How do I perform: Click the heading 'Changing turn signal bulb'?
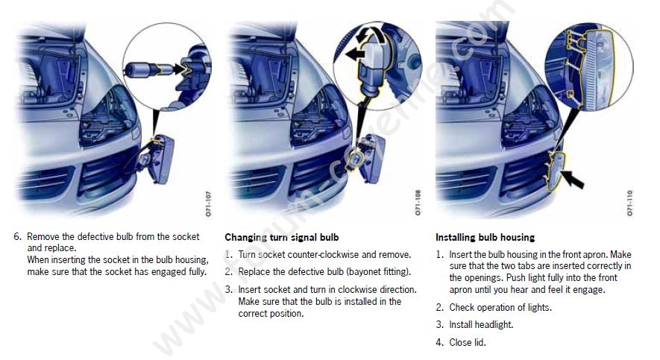282,238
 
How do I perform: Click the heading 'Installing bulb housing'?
485,238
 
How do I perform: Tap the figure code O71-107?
209,203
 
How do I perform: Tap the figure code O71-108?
418,203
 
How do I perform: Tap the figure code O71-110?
629,203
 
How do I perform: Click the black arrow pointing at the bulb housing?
573,180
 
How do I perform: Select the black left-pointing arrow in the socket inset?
355,54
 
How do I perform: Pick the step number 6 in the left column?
17,236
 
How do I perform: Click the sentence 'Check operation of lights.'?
500,307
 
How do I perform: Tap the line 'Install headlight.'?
481,325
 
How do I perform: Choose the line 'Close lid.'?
468,342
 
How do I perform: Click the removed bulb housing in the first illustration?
159,159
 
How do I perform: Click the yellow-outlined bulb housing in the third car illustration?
555,172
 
